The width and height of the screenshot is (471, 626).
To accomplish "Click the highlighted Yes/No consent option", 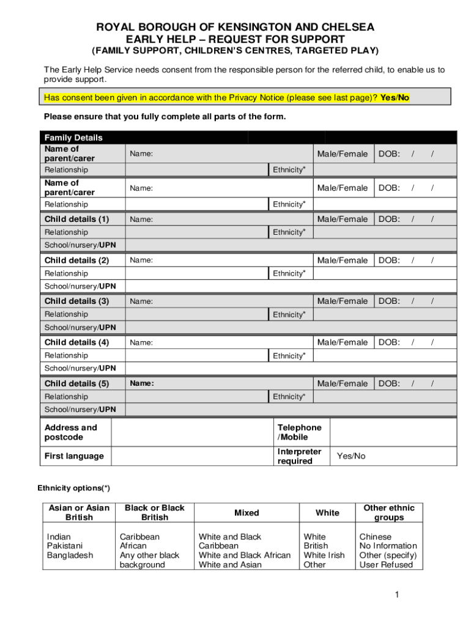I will tap(395, 98).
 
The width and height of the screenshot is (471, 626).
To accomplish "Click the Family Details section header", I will tap(73, 138).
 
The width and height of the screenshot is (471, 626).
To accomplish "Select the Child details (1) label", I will tap(76, 219).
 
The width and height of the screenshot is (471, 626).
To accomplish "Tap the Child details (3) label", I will tap(76, 301).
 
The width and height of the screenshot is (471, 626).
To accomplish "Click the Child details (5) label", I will tap(76, 383).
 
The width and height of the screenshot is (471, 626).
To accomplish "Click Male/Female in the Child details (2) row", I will tap(343, 260).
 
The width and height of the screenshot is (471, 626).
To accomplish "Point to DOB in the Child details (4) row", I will tap(389, 342).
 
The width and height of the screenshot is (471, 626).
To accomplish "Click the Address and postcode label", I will tap(71, 432).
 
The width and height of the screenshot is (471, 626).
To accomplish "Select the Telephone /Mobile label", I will tap(299, 432).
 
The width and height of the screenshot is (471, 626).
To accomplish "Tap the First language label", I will tap(74, 456).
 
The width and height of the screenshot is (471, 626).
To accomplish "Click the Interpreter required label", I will tap(299, 456).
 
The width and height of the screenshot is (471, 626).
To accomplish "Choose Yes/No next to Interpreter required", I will tap(351, 456).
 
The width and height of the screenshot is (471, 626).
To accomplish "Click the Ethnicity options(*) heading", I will tap(74, 488).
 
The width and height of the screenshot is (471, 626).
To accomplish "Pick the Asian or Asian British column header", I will tap(79, 512).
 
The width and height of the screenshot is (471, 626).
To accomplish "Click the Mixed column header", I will tap(247, 513).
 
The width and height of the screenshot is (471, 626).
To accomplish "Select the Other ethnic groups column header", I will tap(389, 512).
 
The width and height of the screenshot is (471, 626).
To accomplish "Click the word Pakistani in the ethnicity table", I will tap(65, 546).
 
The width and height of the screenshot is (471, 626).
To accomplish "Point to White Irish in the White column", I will tap(324, 555).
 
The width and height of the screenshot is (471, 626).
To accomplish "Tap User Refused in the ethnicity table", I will tap(386, 565).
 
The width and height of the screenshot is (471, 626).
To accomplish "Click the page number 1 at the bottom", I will tap(396, 595).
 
